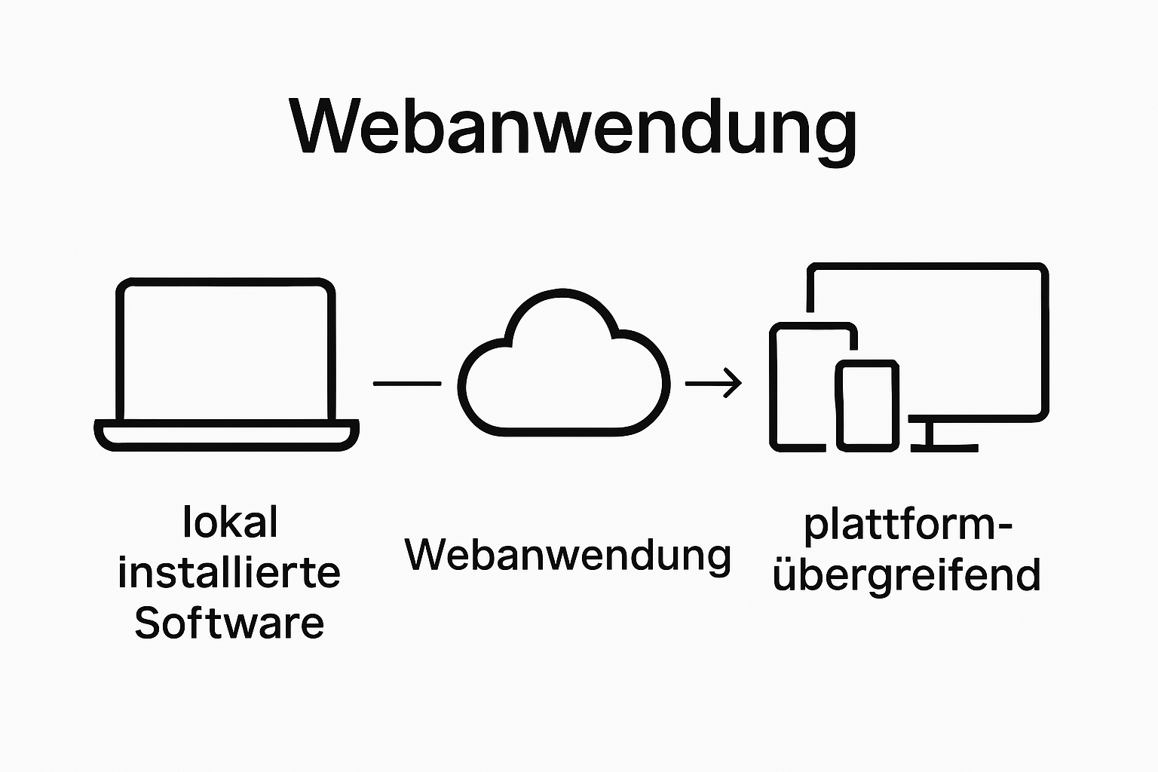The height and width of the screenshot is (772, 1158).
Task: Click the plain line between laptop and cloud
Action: [407, 384]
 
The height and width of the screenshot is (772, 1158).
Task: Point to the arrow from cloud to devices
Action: [712, 383]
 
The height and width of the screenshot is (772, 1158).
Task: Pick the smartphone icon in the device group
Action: [867, 406]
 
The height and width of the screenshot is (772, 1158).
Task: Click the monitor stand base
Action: [944, 447]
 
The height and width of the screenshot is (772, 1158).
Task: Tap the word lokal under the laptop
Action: [230, 522]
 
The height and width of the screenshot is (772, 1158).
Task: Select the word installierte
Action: [229, 573]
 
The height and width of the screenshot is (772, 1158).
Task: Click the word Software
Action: [229, 623]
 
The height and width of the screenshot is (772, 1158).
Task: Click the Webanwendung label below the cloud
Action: [568, 555]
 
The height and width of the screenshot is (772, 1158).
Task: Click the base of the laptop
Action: [226, 435]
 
